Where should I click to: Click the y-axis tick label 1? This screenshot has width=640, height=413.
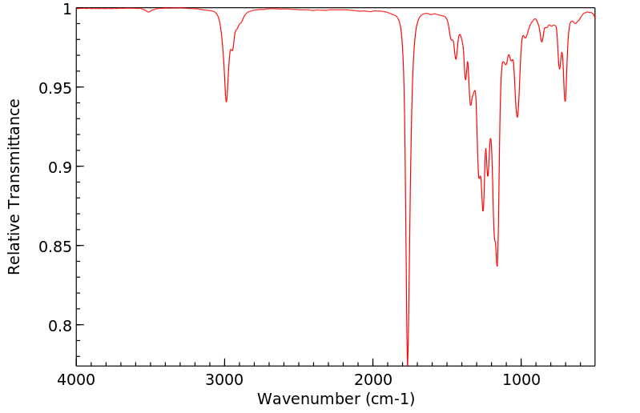tap(66, 9)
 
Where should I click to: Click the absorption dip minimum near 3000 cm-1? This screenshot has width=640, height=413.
tap(226, 102)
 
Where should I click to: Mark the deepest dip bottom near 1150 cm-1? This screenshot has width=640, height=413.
tap(497, 266)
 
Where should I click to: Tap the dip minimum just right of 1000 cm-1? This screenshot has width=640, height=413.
tap(517, 117)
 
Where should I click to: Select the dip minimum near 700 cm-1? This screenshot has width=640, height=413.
tap(565, 101)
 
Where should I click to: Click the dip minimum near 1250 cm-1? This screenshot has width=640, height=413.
tap(483, 211)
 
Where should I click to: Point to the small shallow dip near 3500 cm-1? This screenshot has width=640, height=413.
tap(149, 12)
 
